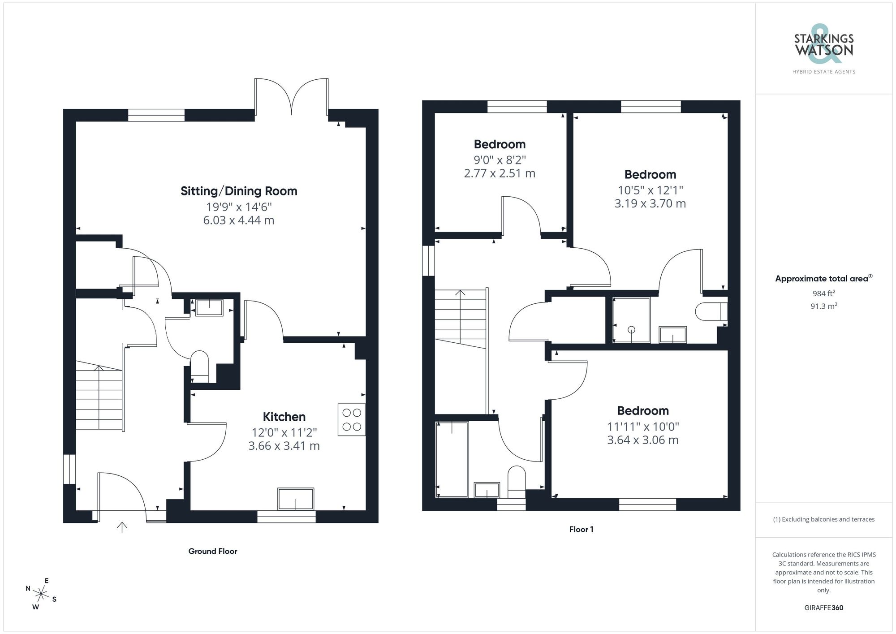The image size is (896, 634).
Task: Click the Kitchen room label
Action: point(284,417)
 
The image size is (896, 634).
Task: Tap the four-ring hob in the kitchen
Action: point(352,420)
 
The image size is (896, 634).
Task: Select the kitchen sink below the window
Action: point(296,499)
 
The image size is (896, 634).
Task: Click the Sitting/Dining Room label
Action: point(239,191)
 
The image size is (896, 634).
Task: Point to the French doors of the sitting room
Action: point(292,96)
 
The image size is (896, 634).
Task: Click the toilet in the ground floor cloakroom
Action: point(200,365)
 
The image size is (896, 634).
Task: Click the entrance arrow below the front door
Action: point(122,527)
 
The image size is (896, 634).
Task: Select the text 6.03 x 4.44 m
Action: point(239,220)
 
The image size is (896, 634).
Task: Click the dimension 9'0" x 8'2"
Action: point(500,160)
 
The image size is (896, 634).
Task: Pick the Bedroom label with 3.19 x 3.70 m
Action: point(650,174)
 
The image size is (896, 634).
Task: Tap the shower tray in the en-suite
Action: point(631,320)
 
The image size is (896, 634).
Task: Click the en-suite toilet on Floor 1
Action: point(710,311)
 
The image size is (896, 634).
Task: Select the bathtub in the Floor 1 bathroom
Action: point(452,459)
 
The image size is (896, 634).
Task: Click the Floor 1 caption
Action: point(581,530)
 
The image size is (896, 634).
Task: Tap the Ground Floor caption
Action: point(212,551)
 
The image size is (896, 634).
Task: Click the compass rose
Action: point(41,595)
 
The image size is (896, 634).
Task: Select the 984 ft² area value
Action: point(823,293)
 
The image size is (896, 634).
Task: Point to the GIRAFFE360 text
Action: point(823,608)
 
